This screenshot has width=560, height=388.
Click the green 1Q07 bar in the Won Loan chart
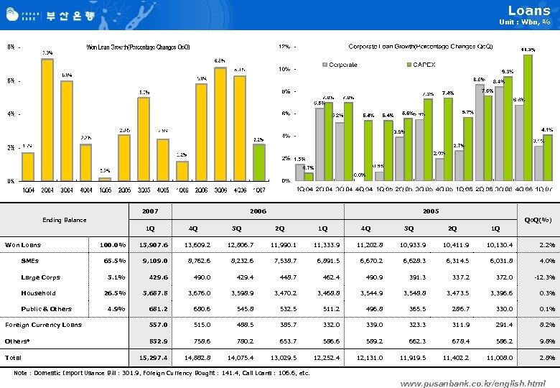(x=260, y=162)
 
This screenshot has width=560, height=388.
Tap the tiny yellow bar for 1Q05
(x=105, y=178)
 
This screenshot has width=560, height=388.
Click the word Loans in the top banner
(x=529, y=10)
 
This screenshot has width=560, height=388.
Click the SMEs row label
(x=30, y=261)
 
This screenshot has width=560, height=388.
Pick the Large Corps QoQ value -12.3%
(x=537, y=277)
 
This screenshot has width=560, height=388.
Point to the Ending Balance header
(x=65, y=220)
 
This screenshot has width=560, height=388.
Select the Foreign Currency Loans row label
(x=43, y=325)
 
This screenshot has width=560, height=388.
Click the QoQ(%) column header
(x=538, y=220)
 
